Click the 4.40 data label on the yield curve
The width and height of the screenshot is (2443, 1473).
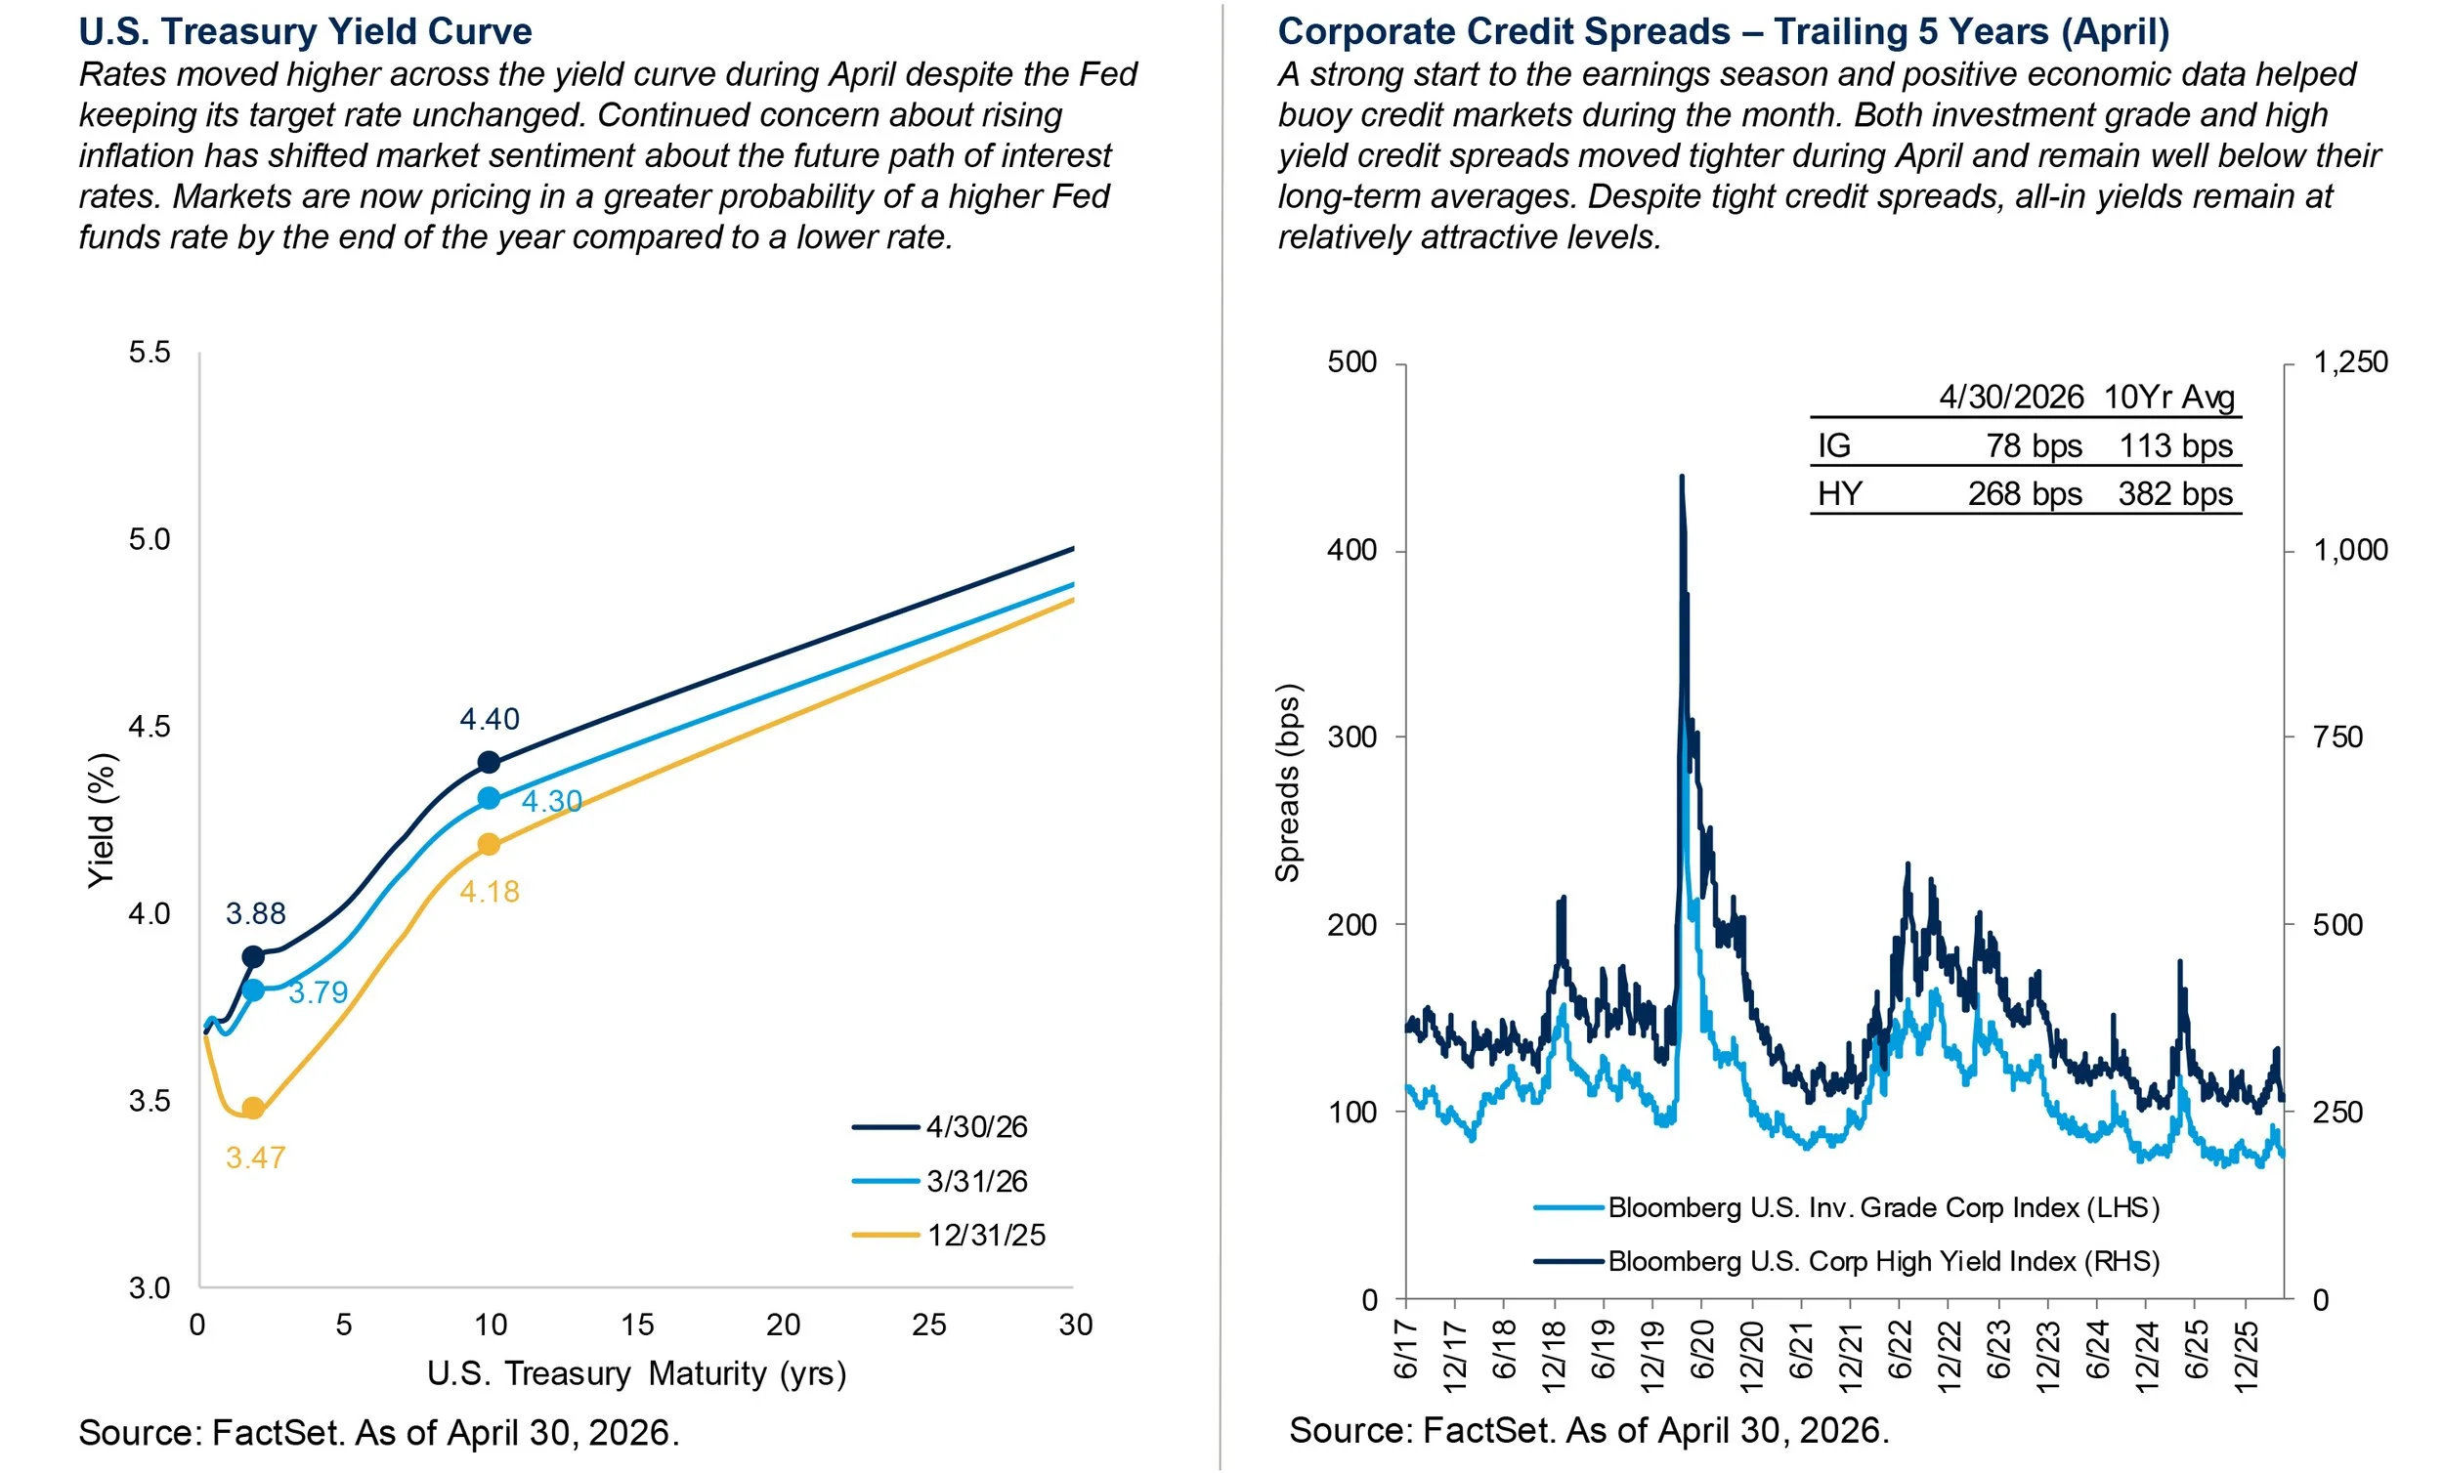490,719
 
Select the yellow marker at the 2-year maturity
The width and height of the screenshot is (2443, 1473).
253,1109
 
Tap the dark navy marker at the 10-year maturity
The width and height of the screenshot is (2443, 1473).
489,762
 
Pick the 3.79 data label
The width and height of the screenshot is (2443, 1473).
319,992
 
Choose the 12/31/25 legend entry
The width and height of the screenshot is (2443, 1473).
949,1235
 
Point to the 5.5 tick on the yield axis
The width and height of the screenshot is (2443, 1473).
150,352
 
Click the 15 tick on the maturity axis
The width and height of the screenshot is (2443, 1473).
636,1325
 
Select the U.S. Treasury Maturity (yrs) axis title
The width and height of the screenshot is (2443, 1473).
636,1374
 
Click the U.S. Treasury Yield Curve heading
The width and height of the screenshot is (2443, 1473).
305,31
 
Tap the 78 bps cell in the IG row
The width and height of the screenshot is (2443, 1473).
2034,446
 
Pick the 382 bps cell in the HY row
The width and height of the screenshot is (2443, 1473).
2175,493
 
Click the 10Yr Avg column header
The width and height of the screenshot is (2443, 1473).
2169,398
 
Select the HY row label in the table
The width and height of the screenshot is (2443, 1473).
1839,493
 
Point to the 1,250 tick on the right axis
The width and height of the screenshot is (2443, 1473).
2351,361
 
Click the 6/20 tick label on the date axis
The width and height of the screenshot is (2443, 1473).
1702,1349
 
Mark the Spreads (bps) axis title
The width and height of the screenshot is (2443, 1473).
1287,783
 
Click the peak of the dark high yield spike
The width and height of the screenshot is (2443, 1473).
1682,477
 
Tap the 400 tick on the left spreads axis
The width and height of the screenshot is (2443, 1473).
1352,550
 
